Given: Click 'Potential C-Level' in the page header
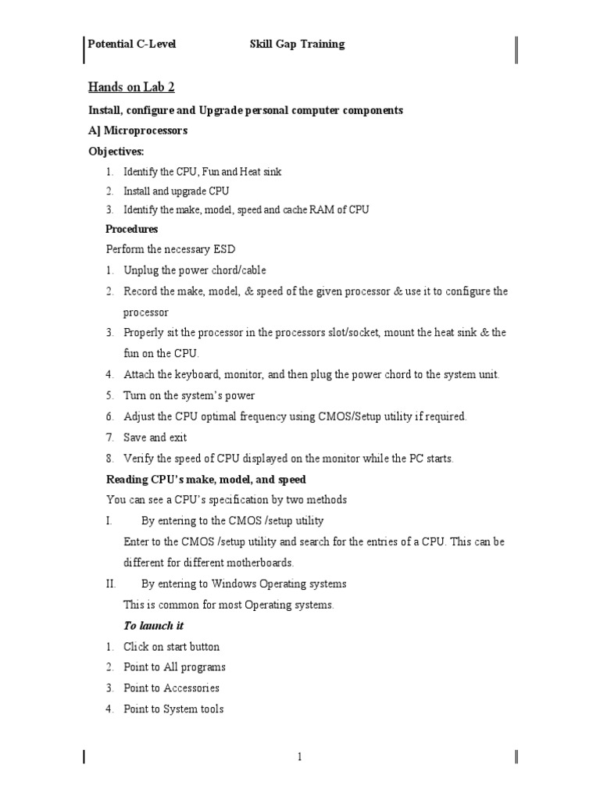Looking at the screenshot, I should tap(131, 45).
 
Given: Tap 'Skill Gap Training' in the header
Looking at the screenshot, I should tap(296, 45).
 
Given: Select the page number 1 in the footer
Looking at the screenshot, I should tap(298, 756).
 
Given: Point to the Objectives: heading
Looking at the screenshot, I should tap(116, 151).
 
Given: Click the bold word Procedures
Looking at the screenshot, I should tap(131, 229).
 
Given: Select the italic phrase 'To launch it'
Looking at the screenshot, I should tap(154, 626).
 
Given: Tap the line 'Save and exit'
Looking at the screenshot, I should tap(155, 437).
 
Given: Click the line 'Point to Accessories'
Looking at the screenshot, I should tap(171, 688).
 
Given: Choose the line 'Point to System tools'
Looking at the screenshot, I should tap(173, 709).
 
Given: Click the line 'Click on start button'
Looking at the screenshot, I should tap(171, 647).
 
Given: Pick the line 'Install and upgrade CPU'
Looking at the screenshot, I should tap(177, 191).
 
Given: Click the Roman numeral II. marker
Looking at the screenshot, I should tap(111, 584).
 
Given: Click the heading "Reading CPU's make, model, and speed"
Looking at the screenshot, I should tap(205, 479).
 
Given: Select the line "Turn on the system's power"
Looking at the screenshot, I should tap(189, 395).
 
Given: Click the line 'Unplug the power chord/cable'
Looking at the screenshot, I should tap(195, 270).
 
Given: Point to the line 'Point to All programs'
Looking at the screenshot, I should tap(174, 667).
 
